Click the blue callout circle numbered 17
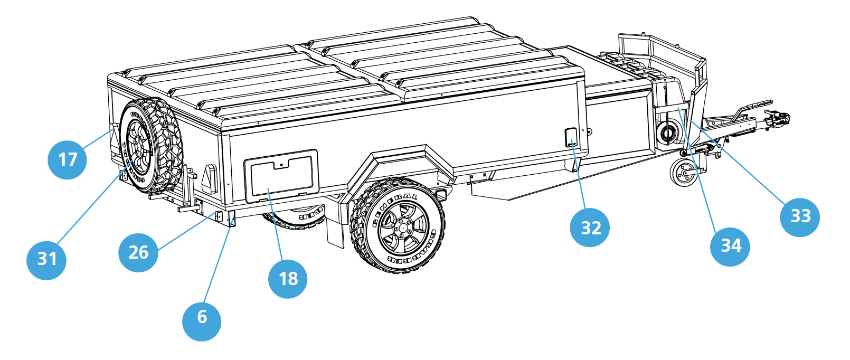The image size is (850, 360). pyautogui.click(x=67, y=159)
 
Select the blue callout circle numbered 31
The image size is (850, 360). pyautogui.click(x=46, y=259)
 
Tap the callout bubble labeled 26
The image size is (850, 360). pyautogui.click(x=138, y=252)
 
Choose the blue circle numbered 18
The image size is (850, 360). pyautogui.click(x=288, y=279)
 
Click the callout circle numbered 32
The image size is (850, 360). pyautogui.click(x=590, y=228)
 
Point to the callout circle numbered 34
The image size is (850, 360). pyautogui.click(x=731, y=246)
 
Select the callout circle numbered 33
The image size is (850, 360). pyautogui.click(x=800, y=216)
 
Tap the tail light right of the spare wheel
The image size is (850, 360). pyautogui.click(x=209, y=178)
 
